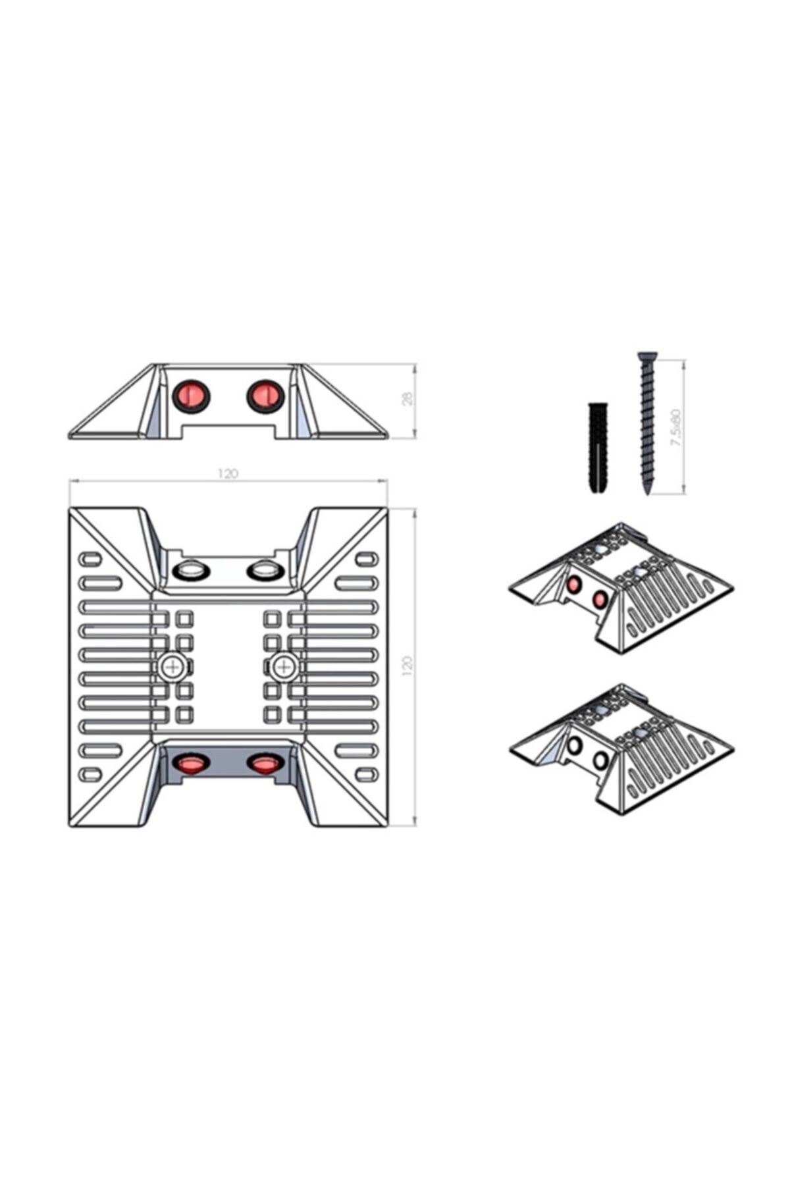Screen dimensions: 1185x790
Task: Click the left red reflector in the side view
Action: [x=191, y=395]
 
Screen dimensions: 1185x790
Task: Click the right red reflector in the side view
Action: [x=265, y=395]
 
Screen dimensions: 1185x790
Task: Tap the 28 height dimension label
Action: [x=409, y=398]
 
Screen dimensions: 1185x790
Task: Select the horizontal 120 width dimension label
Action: [x=228, y=473]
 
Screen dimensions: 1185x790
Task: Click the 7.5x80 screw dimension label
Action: [x=675, y=428]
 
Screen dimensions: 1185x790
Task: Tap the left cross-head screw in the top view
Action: [x=173, y=668]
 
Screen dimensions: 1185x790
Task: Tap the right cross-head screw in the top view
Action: [x=284, y=668]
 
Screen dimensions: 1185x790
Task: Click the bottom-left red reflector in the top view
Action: [x=191, y=763]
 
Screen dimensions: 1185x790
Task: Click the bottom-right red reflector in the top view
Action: [x=265, y=763]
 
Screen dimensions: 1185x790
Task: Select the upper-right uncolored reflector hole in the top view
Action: [x=265, y=569]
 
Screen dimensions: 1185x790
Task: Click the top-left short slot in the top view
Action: [x=90, y=560]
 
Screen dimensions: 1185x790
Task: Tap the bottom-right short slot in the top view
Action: [x=366, y=774]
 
